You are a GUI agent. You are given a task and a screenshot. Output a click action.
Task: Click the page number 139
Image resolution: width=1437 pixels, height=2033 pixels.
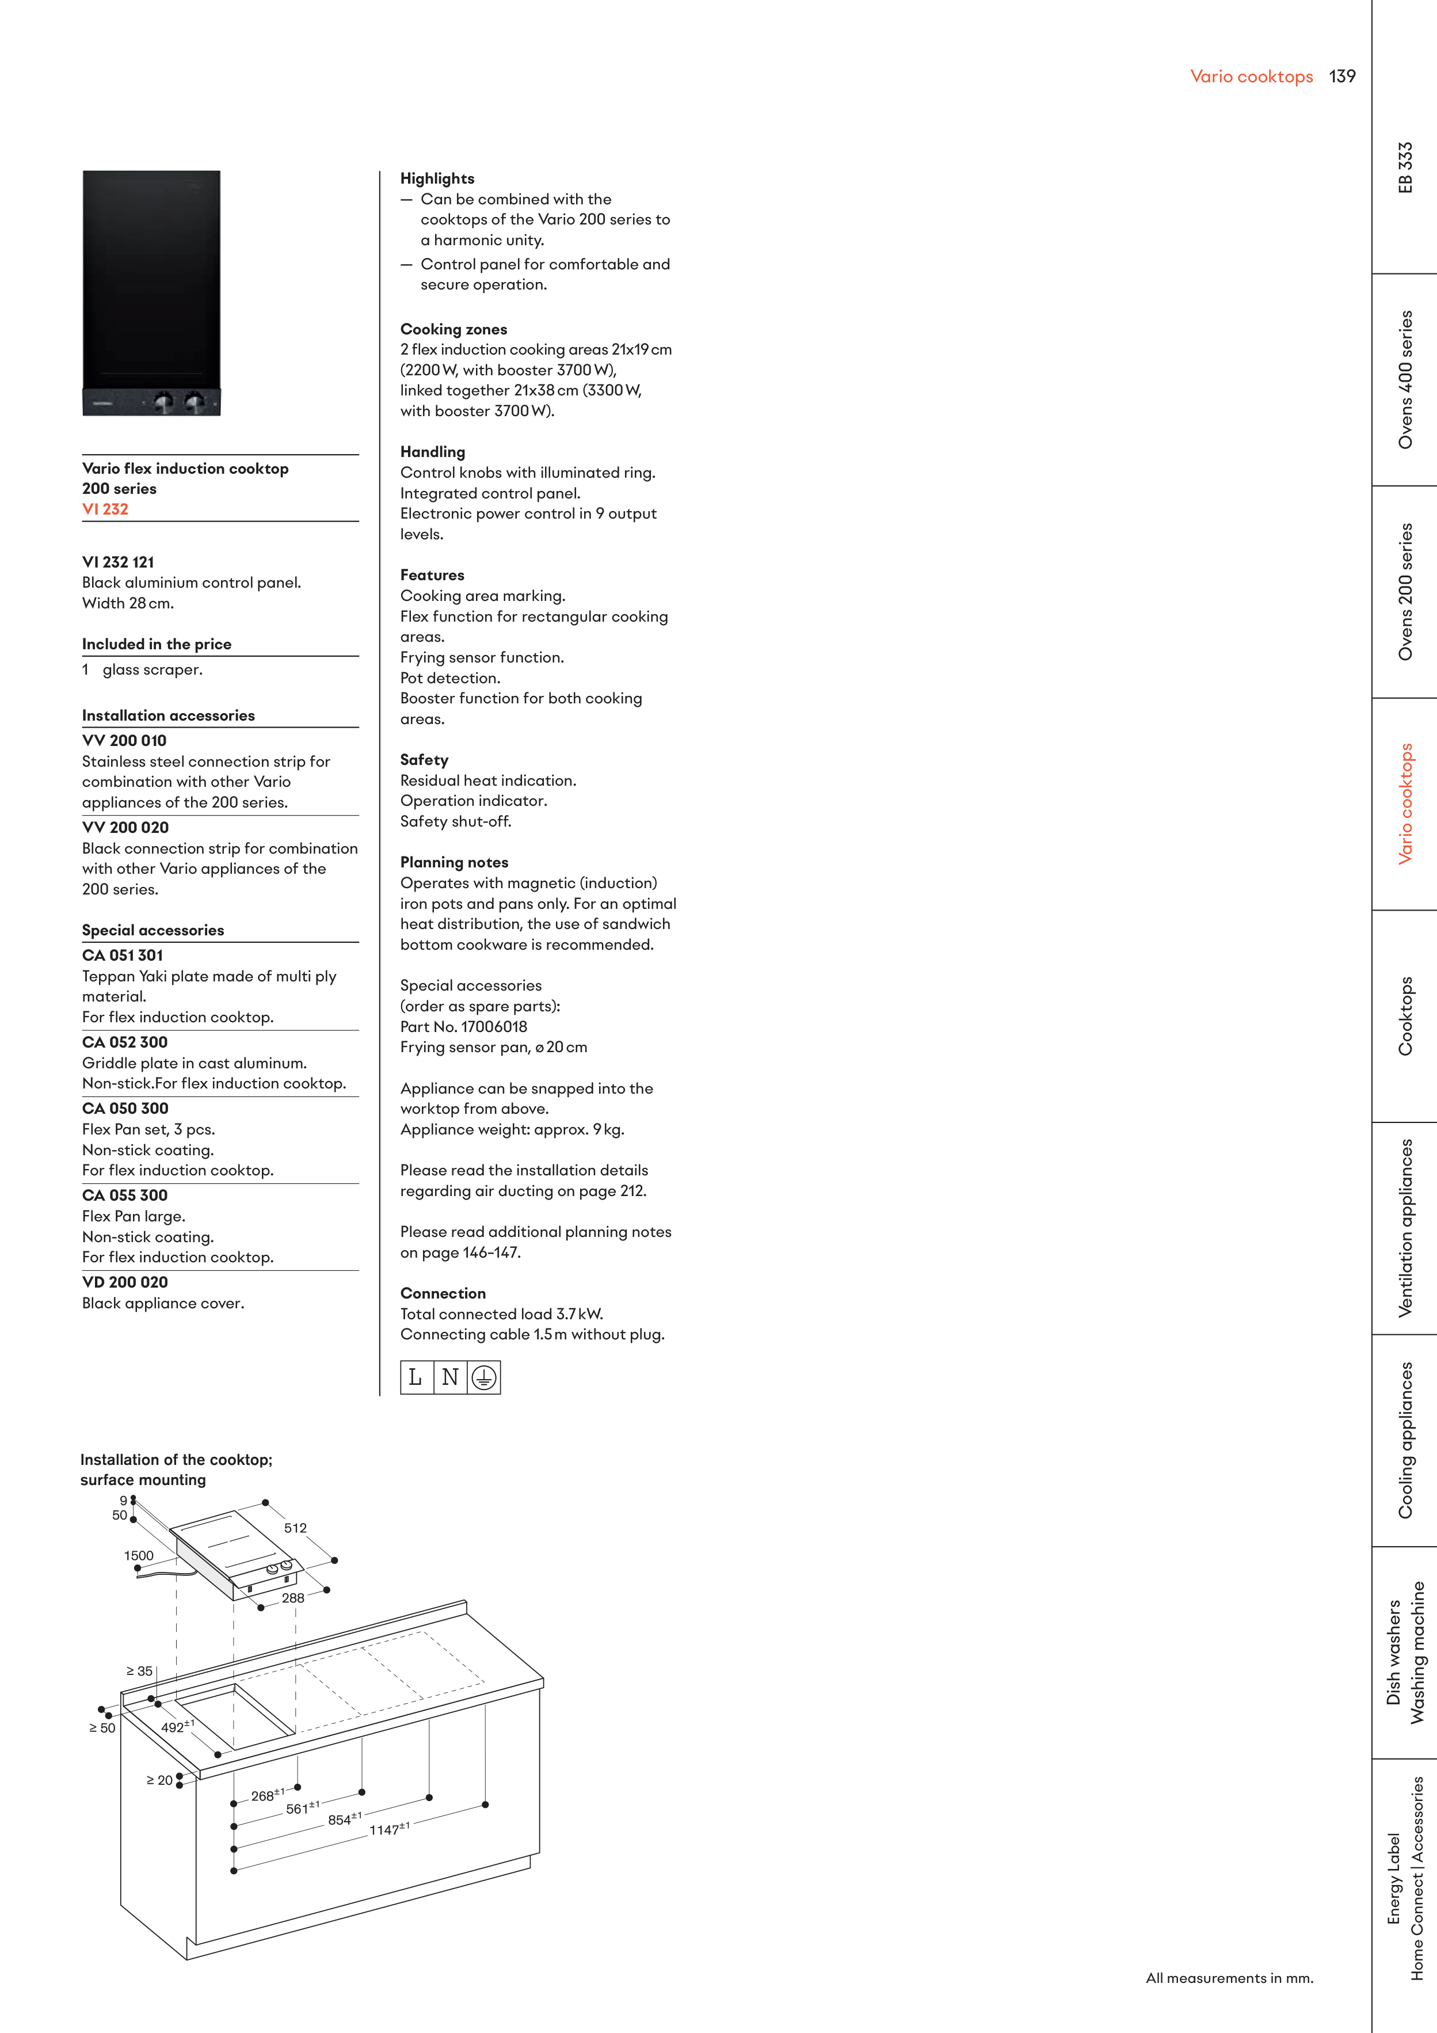coord(1342,76)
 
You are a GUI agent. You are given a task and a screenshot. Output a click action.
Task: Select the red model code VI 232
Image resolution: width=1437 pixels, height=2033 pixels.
coord(105,509)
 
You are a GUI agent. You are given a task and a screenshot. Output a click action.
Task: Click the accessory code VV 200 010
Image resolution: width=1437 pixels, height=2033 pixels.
coord(124,740)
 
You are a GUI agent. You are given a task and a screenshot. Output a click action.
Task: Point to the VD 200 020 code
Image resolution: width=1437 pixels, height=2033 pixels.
coord(125,1282)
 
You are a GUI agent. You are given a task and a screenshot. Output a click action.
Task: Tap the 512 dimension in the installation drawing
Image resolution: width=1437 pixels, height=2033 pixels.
coord(296,1528)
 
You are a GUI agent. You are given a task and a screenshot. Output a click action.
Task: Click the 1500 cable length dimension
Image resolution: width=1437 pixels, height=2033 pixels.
coord(139,1556)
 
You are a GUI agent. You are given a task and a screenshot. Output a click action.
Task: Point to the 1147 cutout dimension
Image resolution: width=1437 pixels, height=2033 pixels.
coord(390,1829)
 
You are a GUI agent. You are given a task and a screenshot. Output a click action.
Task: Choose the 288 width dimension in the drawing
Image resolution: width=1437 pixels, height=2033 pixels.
coord(293,1598)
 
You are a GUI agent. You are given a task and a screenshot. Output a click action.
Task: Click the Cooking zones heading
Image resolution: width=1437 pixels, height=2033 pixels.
coord(454,329)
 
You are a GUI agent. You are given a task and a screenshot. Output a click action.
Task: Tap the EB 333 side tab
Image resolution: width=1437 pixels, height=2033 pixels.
coord(1405,167)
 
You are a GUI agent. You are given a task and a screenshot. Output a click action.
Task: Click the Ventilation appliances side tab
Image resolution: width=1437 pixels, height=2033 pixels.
coord(1405,1228)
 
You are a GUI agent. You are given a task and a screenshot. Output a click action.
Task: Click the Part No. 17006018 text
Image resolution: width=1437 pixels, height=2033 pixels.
coord(464,1027)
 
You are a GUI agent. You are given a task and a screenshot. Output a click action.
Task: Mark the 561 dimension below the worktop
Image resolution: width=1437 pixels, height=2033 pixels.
coord(303,1808)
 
